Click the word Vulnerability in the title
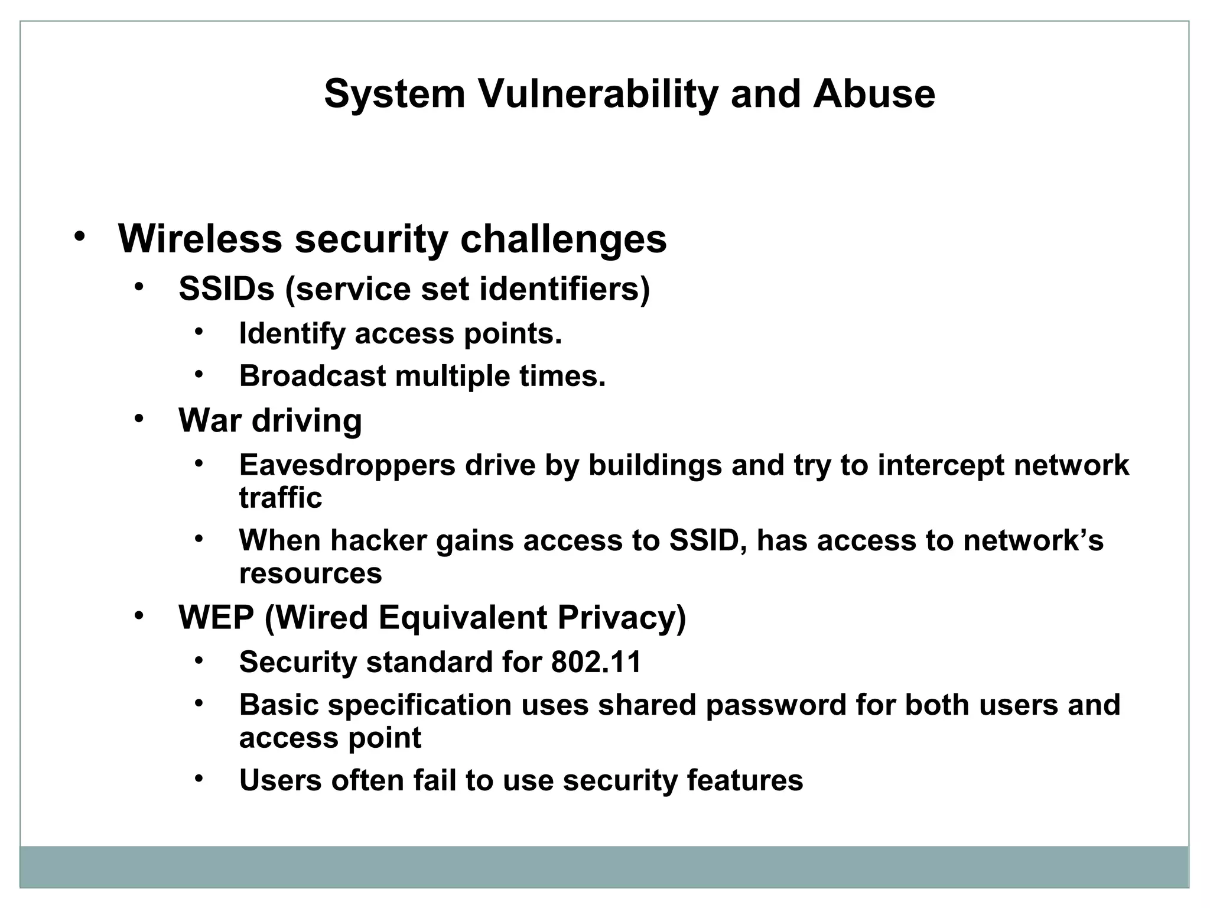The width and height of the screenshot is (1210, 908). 597,95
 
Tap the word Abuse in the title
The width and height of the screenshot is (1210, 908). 874,95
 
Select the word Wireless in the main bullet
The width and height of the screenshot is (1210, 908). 200,239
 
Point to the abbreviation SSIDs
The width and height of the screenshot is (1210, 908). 227,289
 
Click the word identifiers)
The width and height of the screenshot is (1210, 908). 564,289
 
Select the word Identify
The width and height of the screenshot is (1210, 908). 292,333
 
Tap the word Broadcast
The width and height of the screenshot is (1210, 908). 313,376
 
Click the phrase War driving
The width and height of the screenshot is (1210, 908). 270,421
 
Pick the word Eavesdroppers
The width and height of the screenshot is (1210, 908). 347,465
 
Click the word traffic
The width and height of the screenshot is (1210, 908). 281,497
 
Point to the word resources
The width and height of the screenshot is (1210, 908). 310,573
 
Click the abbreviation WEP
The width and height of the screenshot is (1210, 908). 216,618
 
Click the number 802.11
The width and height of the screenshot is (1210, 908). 596,662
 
